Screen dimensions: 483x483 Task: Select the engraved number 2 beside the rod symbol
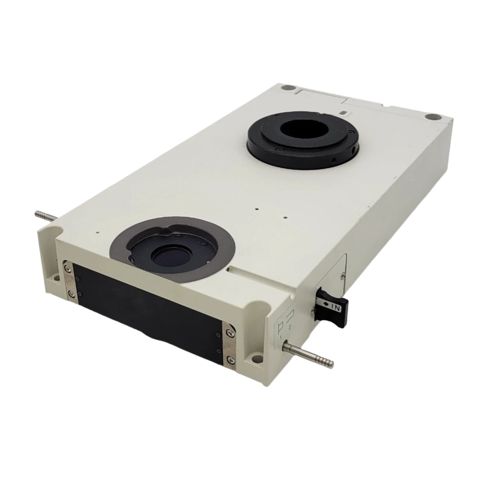(x=290, y=327)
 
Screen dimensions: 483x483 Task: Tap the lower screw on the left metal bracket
(x=71, y=293)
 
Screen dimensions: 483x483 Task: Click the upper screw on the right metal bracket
(x=230, y=333)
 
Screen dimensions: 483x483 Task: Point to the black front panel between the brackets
(x=148, y=308)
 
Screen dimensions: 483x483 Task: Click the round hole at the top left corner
(x=285, y=88)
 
